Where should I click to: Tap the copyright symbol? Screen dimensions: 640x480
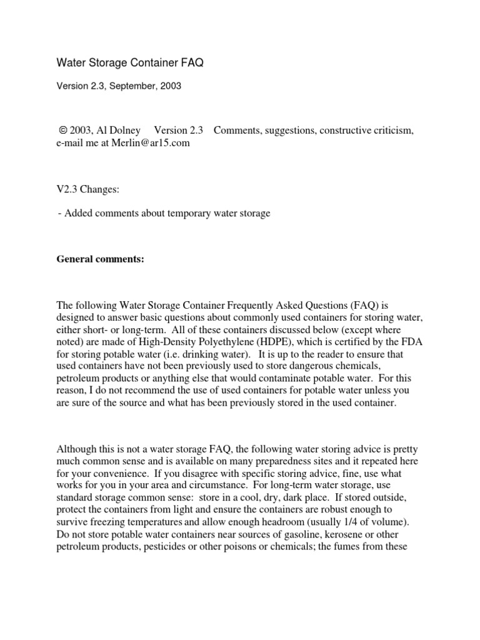[62, 131]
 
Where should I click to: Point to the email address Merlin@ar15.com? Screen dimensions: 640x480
[150, 143]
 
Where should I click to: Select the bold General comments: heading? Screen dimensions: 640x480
[101, 258]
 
